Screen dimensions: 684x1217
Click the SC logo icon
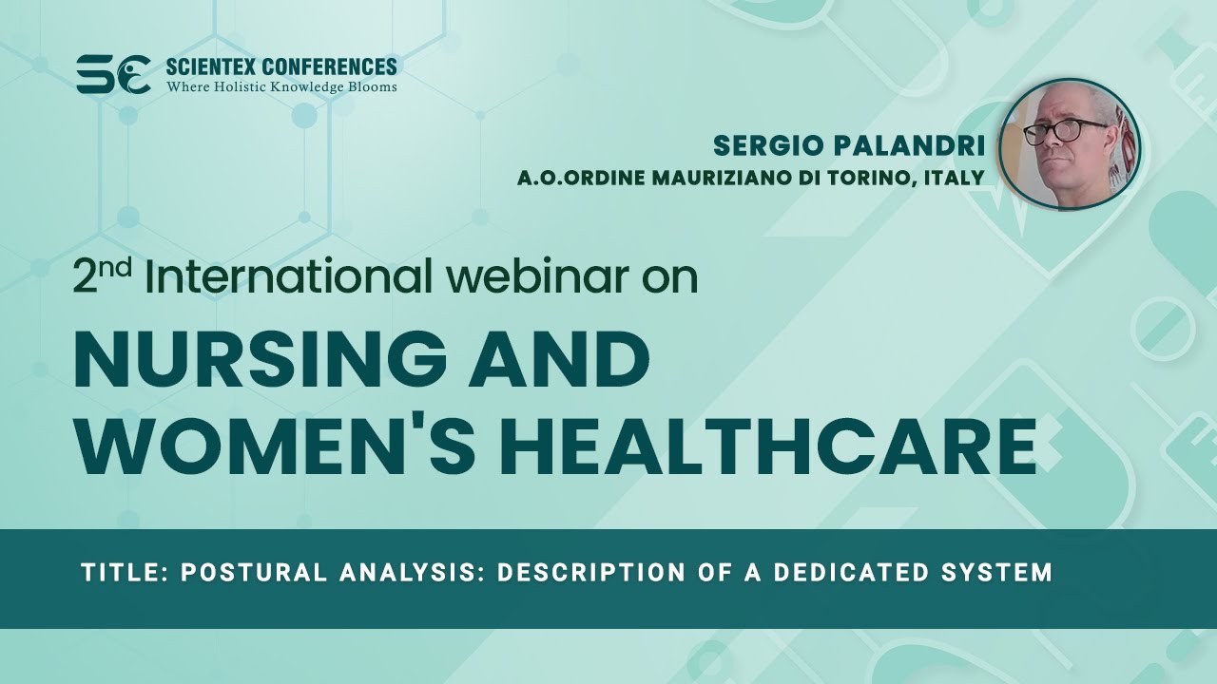pos(113,74)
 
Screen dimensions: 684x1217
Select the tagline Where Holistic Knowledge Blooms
pos(281,87)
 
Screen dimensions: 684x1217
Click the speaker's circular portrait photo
pos(1071,145)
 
